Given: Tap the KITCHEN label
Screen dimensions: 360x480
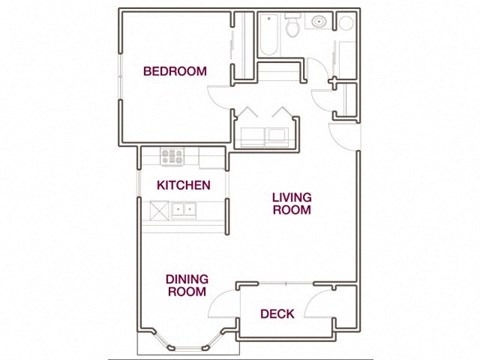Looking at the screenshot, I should (182, 186).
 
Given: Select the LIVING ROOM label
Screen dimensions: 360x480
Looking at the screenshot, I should (291, 203).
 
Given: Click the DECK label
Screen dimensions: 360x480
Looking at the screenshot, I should (276, 314).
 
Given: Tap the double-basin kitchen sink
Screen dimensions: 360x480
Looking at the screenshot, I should (181, 210).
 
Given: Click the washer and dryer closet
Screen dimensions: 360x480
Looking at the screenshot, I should (264, 132).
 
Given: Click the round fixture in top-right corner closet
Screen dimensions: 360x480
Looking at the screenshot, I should (345, 22).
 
